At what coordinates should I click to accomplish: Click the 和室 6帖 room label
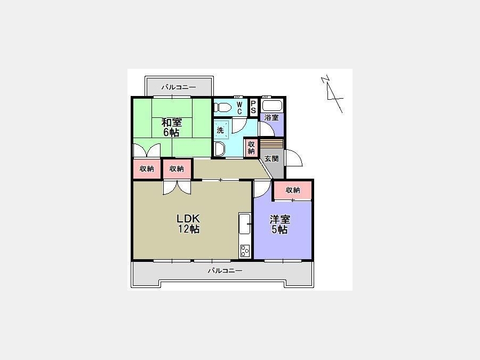pos(171,127)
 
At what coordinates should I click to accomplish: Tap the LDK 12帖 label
pos(188,224)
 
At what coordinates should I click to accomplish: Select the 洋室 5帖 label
pos(279,225)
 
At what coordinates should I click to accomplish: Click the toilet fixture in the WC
pos(222,107)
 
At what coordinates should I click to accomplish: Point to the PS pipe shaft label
pos(253,107)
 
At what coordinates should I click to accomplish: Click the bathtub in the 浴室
pos(272,106)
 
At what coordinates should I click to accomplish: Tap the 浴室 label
pos(271,117)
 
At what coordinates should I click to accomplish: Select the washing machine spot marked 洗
pos(221,130)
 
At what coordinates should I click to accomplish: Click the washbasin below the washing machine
pos(219,149)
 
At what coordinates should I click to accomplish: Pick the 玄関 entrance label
pos(271,159)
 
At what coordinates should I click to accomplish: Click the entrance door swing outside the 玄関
pos(293,158)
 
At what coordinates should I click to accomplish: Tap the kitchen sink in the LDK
pos(245,223)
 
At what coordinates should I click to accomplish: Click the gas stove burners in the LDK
pos(245,251)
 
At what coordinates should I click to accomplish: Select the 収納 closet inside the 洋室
pos(293,190)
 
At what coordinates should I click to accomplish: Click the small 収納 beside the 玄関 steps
pos(252,148)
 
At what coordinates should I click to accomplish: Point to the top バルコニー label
pos(179,87)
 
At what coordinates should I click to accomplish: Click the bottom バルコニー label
pos(225,270)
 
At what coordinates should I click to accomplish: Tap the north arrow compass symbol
pos(332,93)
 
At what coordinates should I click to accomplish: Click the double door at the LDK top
pos(177,187)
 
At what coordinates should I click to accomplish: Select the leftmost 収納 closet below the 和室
pos(147,169)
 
